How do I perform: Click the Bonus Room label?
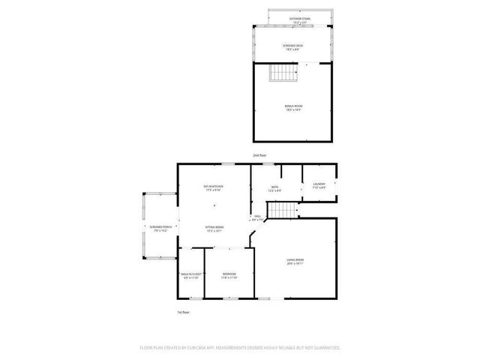tap(293, 106)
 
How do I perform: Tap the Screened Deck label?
tap(293, 46)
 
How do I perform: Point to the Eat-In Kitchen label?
tap(214, 186)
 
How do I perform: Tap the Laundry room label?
tap(319, 184)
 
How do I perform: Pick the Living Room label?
tap(295, 260)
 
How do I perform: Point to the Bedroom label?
tap(229, 274)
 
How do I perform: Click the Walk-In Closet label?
tap(191, 274)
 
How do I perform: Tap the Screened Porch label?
tap(160, 226)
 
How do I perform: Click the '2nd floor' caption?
tap(259, 155)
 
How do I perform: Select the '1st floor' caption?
tap(184, 311)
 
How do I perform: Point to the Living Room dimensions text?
tap(295, 265)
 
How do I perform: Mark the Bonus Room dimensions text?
tap(293, 110)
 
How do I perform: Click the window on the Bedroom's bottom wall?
tap(229, 298)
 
